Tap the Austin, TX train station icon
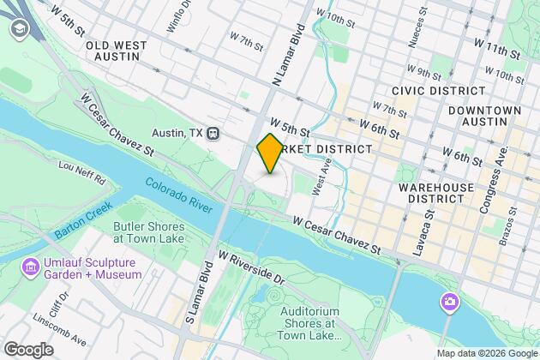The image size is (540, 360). (x=214, y=134)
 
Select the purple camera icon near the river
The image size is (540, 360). (x=448, y=302)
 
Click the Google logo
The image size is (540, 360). (x=27, y=350)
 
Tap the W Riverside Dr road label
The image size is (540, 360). (x=251, y=267)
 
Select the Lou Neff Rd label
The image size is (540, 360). (x=82, y=175)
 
